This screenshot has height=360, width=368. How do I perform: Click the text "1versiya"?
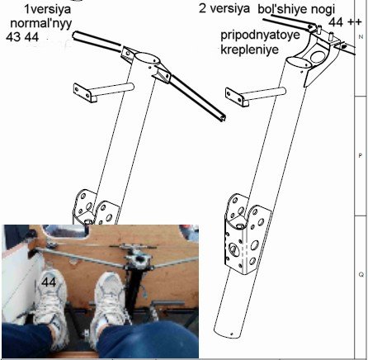pos(48,9)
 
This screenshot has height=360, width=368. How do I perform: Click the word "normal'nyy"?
pos(41,23)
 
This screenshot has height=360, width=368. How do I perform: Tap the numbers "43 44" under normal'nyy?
pos(22,37)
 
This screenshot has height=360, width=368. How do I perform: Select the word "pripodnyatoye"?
pos(260,36)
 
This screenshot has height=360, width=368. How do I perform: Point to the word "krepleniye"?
pos(250,50)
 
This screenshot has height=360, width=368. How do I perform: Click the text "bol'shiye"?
pos(279,9)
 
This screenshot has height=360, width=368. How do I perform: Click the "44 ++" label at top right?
pos(345,22)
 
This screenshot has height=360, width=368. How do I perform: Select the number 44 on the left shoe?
pos(49,282)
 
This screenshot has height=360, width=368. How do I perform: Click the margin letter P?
pos(361,156)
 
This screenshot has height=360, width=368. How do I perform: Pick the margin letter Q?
pos(361,274)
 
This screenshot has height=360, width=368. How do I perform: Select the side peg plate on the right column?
pos(235,96)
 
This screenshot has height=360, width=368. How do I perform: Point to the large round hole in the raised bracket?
pos(318,57)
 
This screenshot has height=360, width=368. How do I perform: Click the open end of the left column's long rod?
pos(222,118)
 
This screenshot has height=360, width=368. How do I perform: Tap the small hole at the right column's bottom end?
pos(232,334)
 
